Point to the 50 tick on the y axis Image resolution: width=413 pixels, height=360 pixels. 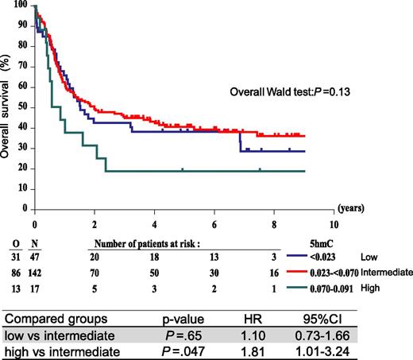pos(24,107)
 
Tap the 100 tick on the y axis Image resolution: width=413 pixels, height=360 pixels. pos(22,6)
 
